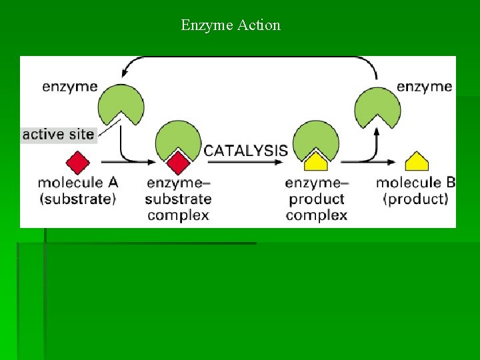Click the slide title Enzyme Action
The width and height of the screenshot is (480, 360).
(x=231, y=25)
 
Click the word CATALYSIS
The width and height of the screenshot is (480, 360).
(x=246, y=151)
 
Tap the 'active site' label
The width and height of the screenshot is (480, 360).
(x=59, y=135)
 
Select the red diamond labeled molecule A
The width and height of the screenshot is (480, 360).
(x=78, y=163)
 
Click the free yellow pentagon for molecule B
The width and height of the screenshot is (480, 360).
(x=417, y=162)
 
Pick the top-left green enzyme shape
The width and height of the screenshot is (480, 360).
(x=121, y=103)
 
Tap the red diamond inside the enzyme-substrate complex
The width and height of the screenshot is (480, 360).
(x=178, y=162)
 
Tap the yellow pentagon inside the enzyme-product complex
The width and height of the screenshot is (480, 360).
(x=315, y=162)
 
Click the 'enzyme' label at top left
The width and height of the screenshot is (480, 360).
(x=70, y=86)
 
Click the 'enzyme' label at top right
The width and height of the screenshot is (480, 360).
(x=424, y=86)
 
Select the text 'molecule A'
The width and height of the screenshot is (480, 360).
(x=78, y=182)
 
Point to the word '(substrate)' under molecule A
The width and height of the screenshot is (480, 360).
(x=78, y=198)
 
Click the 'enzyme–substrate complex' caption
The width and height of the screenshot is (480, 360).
(x=178, y=199)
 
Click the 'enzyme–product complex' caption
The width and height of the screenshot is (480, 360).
(x=317, y=199)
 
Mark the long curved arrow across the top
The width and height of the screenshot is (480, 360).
(x=250, y=58)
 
